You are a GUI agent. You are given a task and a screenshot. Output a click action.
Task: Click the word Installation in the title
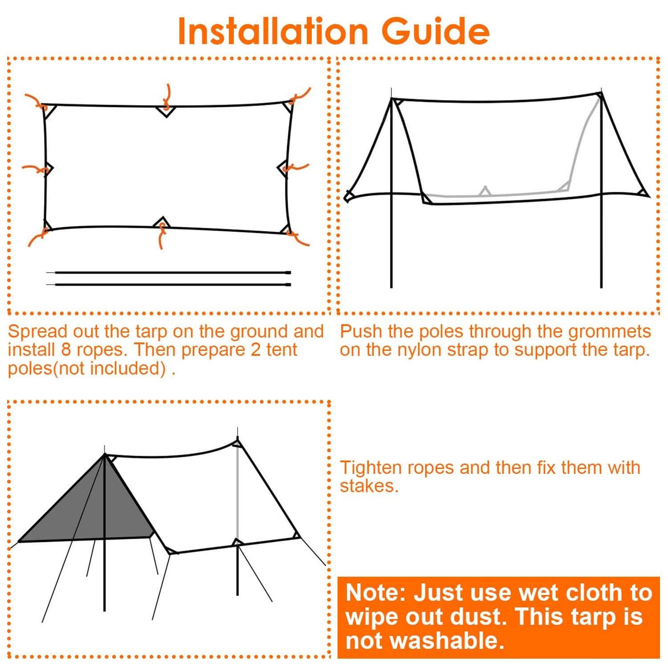point(272,31)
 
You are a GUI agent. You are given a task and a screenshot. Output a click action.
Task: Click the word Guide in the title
point(435,31)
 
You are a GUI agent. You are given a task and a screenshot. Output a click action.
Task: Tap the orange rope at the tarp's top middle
point(167,97)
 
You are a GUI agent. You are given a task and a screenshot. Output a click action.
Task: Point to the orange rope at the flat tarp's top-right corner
point(300,96)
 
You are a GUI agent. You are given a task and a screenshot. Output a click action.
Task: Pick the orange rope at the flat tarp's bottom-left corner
point(37,238)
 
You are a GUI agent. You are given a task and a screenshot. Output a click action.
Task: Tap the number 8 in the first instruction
point(66,350)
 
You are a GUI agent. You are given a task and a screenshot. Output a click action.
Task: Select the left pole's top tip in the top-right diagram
point(391,91)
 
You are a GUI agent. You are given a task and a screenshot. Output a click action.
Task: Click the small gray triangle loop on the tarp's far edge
point(485,191)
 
